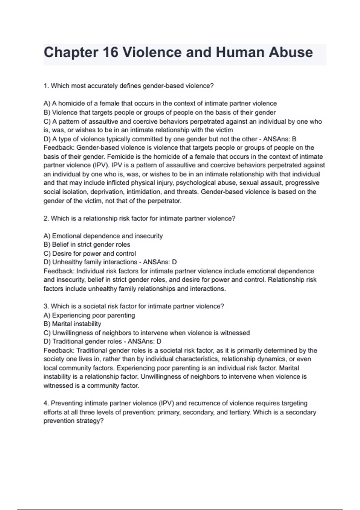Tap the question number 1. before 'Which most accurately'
tap(46, 86)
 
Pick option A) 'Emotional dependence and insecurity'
tap(103, 236)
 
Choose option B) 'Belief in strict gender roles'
tap(87, 244)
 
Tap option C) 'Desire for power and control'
tap(90, 253)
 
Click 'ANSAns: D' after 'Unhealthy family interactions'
tap(160, 262)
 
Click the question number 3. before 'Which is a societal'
tap(46, 306)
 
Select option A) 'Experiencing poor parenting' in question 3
tap(89, 315)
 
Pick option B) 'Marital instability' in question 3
tap(72, 324)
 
